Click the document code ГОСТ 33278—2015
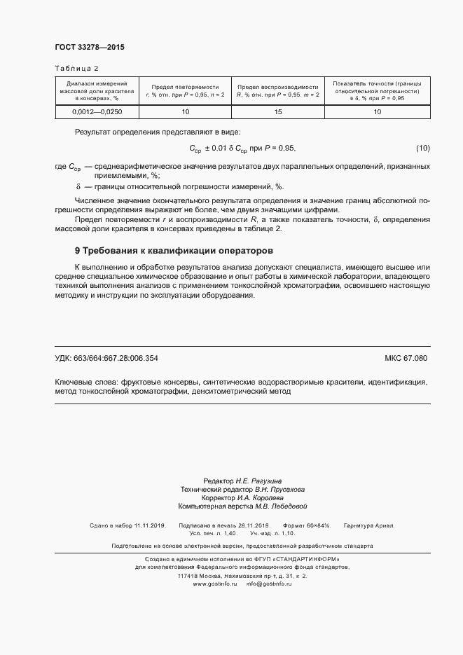(89, 48)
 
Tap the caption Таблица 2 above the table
(77, 68)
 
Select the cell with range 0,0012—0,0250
(97, 112)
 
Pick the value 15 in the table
(277, 112)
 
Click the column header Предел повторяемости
(186, 85)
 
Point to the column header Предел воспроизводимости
(277, 85)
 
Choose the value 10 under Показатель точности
(377, 112)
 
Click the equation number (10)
(422, 148)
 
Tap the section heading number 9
(77, 250)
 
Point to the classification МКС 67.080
(406, 358)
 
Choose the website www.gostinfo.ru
(215, 584)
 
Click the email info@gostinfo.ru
(269, 584)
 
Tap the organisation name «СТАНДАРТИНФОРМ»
(307, 559)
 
